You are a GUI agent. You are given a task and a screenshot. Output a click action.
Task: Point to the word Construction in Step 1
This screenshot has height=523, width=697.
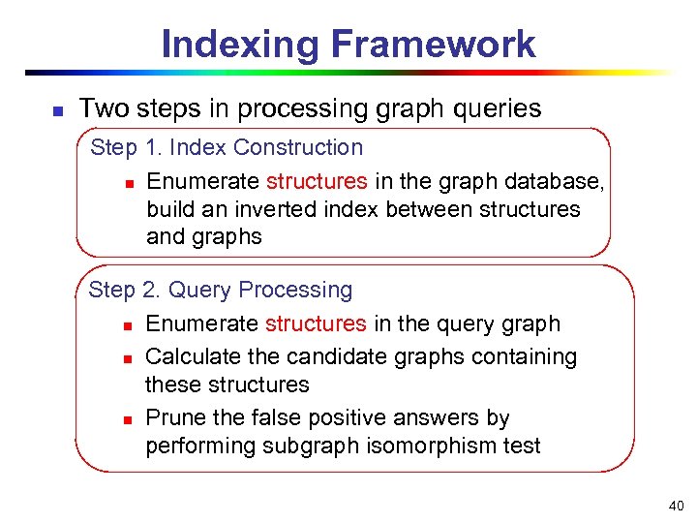click(x=298, y=148)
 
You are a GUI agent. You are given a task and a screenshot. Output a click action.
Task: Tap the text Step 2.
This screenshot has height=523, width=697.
click(x=124, y=290)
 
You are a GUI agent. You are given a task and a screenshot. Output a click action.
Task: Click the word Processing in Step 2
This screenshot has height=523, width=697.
click(x=295, y=290)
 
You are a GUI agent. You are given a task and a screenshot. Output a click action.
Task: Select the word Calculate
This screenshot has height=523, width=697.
click(x=191, y=356)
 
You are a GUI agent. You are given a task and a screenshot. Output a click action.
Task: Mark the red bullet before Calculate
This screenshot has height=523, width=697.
click(x=127, y=358)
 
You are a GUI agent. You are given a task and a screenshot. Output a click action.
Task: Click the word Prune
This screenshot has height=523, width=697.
click(x=172, y=417)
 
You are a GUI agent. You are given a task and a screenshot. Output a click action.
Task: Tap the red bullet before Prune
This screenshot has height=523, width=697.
click(x=127, y=419)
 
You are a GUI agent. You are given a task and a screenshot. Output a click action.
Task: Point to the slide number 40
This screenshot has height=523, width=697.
click(x=675, y=506)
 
